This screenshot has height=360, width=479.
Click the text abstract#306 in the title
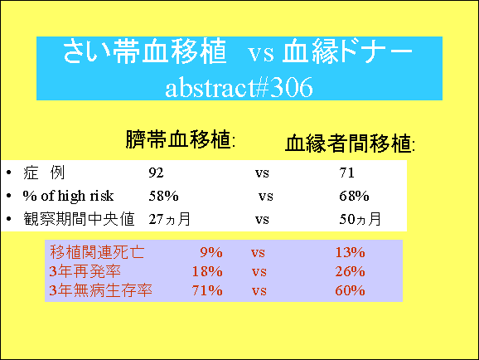point(239,87)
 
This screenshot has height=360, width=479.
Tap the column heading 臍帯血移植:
point(181,139)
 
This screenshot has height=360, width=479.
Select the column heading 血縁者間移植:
point(350,144)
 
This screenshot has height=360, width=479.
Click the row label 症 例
point(44,173)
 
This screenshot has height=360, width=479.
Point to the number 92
point(156,173)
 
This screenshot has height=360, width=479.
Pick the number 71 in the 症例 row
point(346,173)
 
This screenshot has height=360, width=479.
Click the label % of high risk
point(68,196)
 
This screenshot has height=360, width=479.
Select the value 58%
point(163,196)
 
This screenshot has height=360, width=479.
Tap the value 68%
point(354,196)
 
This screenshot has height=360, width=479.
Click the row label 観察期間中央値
point(79,219)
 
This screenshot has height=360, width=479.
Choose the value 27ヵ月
point(170,219)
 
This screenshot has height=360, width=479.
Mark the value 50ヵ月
point(360,219)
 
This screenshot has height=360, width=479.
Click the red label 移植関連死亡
point(97,252)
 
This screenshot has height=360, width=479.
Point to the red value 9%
point(211,252)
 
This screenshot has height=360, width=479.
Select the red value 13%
point(350,252)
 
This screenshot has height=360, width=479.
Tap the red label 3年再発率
point(85,271)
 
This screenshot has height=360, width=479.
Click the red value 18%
point(207,271)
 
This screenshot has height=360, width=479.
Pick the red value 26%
point(350,271)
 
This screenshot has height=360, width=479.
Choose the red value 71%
point(207,290)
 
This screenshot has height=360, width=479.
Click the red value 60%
point(350,290)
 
